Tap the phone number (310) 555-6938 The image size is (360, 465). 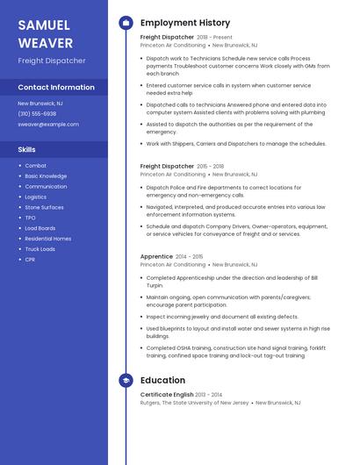point(37,114)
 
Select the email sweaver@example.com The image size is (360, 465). point(48,125)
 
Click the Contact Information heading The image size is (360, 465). point(56,88)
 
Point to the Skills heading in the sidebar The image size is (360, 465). point(27,150)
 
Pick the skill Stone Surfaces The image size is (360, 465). point(44,207)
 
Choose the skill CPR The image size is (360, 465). point(30,260)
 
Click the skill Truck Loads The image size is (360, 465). point(40,249)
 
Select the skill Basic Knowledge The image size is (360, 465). point(46,175)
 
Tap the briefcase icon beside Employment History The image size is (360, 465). point(126,23)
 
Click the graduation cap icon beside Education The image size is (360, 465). point(126,381)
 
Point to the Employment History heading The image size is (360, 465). point(185,23)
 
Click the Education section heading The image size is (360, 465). point(162,381)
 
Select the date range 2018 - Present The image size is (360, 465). point(215,38)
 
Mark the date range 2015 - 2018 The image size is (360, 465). point(211,166)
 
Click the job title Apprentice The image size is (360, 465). point(156,256)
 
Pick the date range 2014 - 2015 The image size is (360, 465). point(189,256)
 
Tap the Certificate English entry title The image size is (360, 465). point(167,395)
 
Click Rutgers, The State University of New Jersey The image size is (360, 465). point(195,403)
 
